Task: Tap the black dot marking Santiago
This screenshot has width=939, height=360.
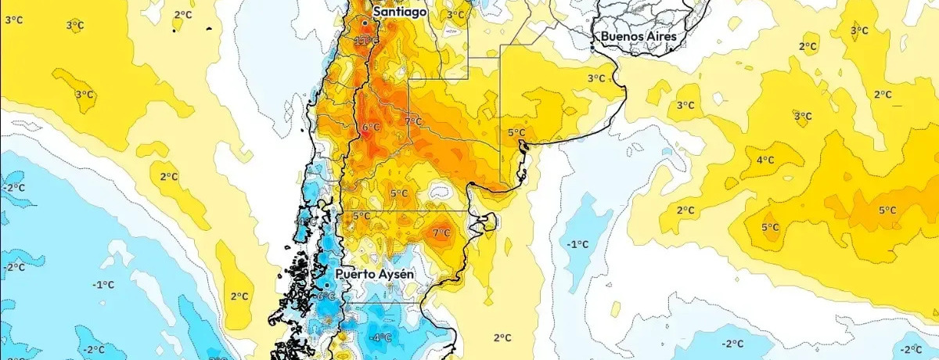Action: (x=365, y=23)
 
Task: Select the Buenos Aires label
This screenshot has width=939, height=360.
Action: (x=638, y=36)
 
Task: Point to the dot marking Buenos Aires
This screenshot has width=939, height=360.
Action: (x=592, y=49)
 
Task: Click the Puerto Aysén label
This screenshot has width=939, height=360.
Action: (x=373, y=274)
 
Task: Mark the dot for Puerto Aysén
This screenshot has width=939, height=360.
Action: (x=327, y=285)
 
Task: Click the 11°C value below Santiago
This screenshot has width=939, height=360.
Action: (x=365, y=41)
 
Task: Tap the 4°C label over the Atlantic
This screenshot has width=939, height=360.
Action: (x=765, y=160)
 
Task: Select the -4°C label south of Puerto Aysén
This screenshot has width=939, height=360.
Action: (x=381, y=337)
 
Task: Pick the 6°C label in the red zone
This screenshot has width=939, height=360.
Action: (x=371, y=127)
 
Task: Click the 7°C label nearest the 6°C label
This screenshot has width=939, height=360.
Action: (x=413, y=121)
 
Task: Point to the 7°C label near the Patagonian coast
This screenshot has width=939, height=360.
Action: (x=441, y=232)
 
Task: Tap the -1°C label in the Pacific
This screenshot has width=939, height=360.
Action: (x=103, y=283)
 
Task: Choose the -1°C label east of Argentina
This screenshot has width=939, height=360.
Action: (x=577, y=244)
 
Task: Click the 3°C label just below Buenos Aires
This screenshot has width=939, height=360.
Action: (x=596, y=77)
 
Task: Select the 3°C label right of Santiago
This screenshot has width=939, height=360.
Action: (x=455, y=14)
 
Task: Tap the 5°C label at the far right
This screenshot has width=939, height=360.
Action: (x=887, y=210)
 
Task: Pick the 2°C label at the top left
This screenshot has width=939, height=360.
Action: (x=182, y=14)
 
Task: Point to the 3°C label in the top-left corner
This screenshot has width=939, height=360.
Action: (x=13, y=19)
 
